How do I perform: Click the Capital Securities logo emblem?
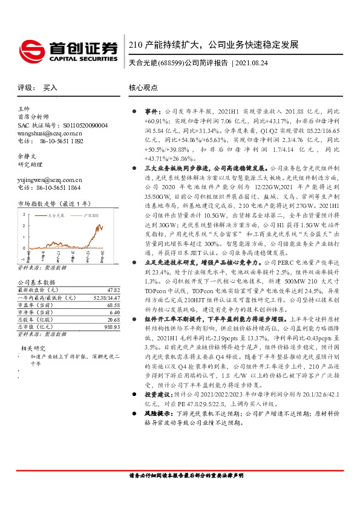tap(30, 48)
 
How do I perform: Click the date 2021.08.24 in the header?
tap(257, 62)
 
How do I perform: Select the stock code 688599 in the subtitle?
tap(170, 62)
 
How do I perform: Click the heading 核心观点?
tap(142, 88)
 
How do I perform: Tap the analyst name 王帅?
tap(23, 109)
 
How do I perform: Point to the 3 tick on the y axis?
tap(24, 214)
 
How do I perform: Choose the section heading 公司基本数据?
tap(36, 282)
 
